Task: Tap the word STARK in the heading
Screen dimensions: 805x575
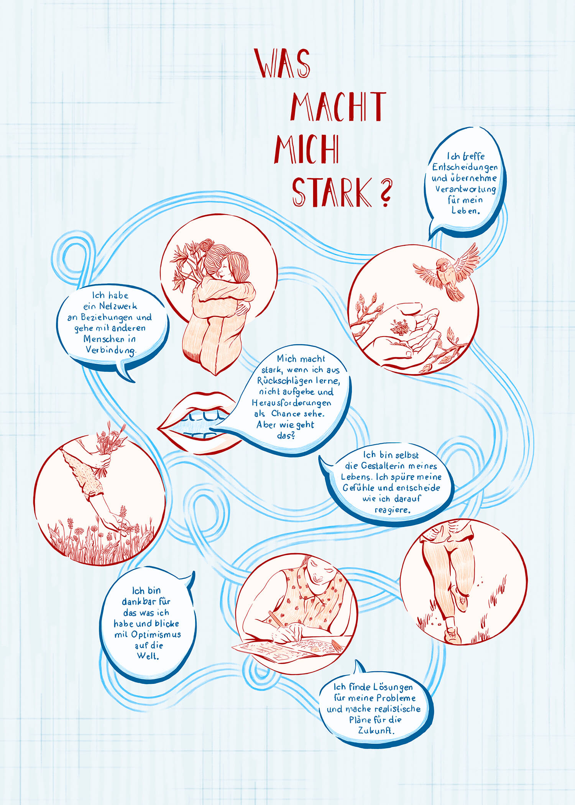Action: pos(331,192)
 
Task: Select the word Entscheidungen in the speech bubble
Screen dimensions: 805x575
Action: pos(465,167)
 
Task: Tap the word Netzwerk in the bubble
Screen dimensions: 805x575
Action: pos(118,306)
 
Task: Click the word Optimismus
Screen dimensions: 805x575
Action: pos(155,634)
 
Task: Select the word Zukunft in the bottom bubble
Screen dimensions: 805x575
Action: pos(376,731)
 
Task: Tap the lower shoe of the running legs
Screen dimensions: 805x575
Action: pos(452,635)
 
